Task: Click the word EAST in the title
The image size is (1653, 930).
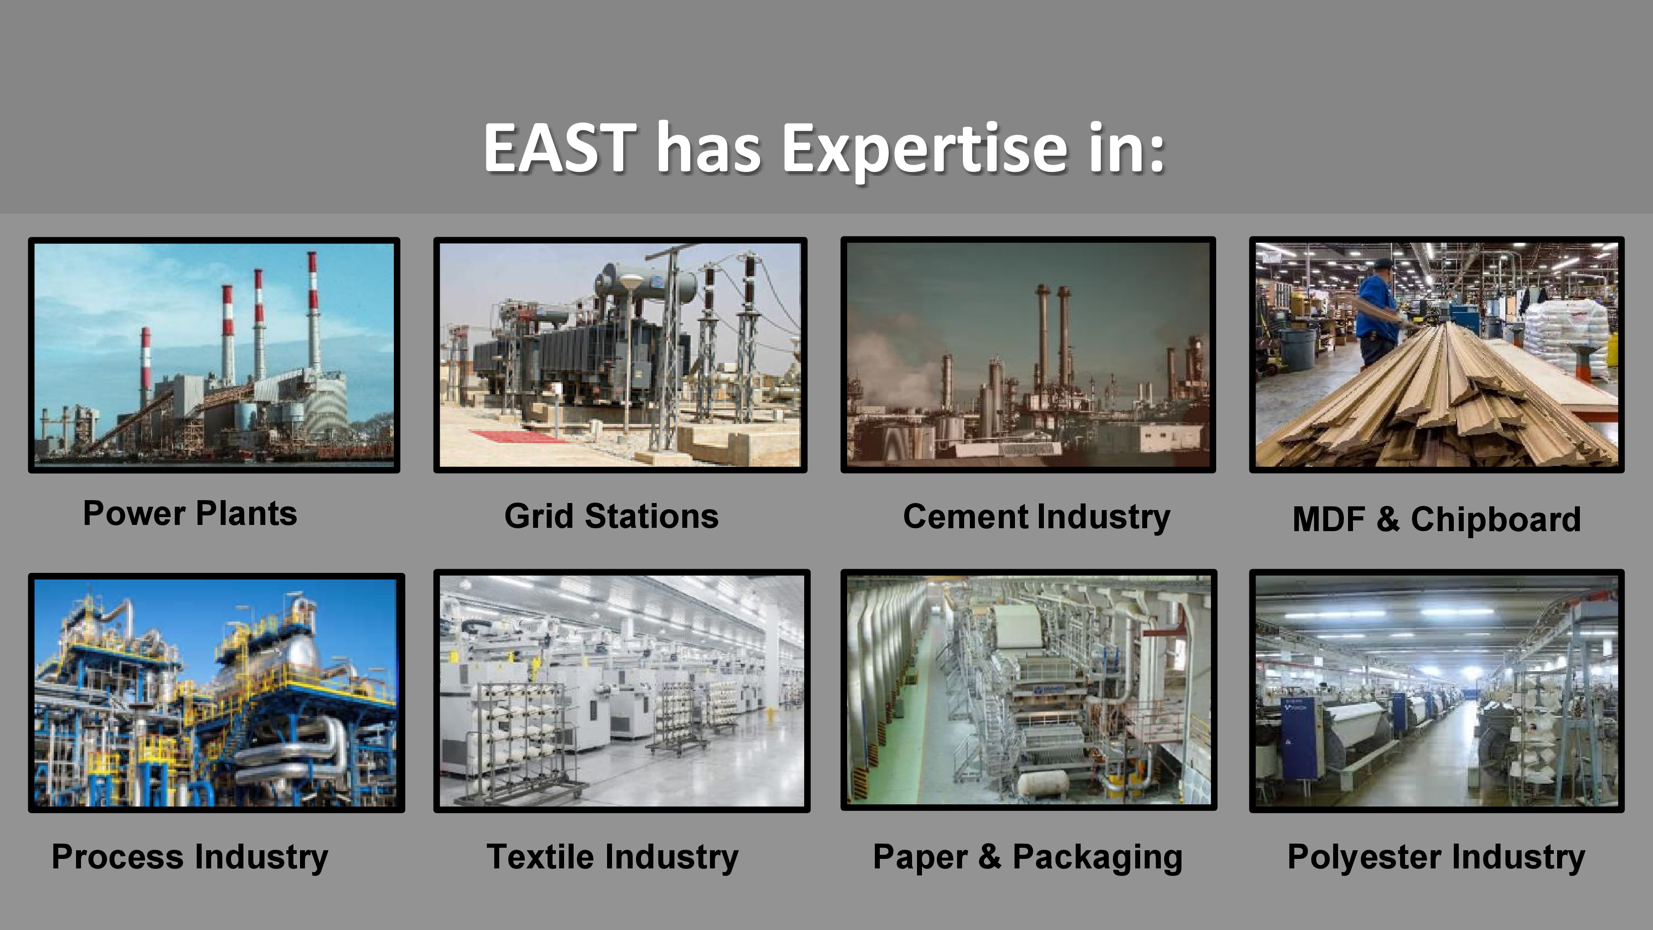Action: coord(560,148)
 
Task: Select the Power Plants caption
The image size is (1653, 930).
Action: coord(190,513)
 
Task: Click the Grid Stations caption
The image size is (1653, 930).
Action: coord(612,516)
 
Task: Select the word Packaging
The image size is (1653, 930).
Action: coord(1097,858)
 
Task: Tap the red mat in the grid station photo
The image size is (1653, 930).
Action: coord(517,436)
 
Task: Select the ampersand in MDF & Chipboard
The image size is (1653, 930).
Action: coord(1387,519)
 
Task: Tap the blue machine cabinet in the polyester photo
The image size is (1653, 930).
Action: coord(1298,738)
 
